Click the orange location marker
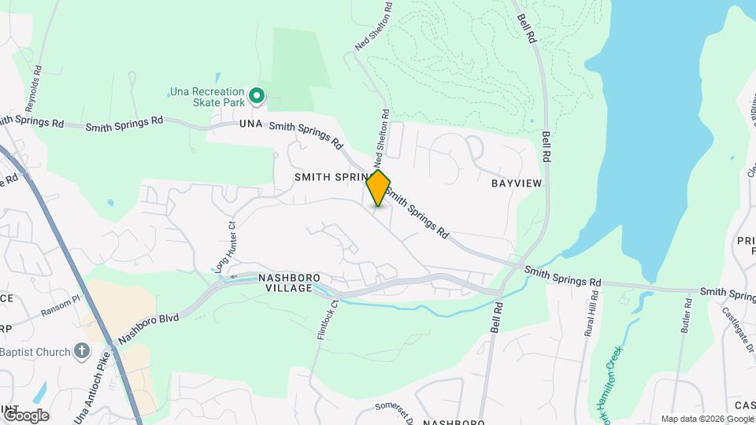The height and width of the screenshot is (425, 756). coord(378,187)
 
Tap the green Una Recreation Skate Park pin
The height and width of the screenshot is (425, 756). coord(256,97)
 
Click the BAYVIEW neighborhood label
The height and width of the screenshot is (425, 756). coord(517,183)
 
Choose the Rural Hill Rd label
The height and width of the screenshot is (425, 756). coord(591,312)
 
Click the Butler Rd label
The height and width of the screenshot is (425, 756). coord(687,314)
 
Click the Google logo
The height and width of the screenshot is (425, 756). coord(25,415)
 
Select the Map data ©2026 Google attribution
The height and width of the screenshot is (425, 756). coord(706,419)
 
